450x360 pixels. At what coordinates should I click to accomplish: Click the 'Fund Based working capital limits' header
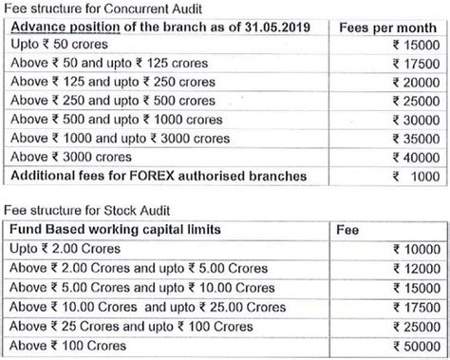pyautogui.click(x=114, y=230)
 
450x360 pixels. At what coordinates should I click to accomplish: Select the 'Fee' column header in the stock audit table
pyautogui.click(x=348, y=230)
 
